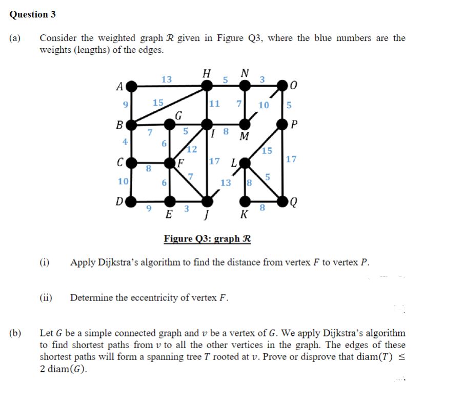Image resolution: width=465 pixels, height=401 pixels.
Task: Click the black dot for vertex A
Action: [x=132, y=85]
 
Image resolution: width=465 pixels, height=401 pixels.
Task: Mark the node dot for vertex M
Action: [x=246, y=124]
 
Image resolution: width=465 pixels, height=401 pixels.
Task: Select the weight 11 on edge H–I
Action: [x=214, y=104]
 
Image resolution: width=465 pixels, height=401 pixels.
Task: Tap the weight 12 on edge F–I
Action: [x=192, y=150]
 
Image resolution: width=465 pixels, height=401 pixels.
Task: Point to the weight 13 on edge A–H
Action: [x=167, y=79]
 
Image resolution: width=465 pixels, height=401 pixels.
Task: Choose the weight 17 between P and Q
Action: [x=291, y=159]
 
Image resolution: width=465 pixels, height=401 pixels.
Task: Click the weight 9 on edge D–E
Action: [x=149, y=208]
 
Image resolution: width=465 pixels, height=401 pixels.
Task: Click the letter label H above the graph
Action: [x=207, y=73]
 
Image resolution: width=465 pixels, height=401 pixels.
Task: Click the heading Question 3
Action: [x=33, y=14]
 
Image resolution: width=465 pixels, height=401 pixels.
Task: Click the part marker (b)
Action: [x=16, y=333]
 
